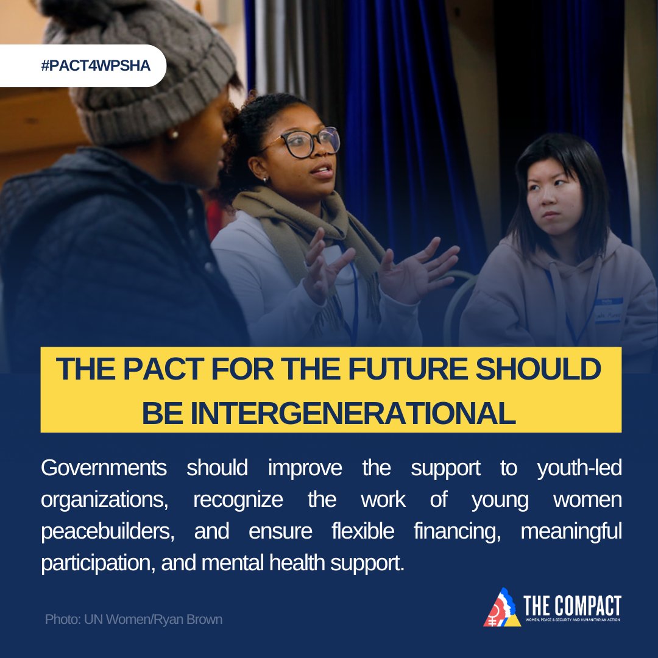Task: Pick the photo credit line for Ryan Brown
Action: click(133, 620)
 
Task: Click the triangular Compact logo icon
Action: click(501, 607)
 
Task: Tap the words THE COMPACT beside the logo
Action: click(572, 606)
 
